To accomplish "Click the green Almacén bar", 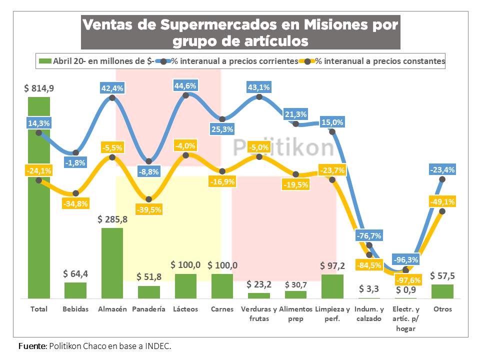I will tap(112, 263).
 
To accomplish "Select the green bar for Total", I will tap(39, 200).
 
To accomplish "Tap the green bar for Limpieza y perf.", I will tap(332, 286).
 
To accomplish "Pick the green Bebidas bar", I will tap(75, 290).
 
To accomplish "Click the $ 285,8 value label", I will tap(112, 219).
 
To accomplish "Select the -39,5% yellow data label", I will tap(148, 209).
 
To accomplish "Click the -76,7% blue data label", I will tap(369, 235).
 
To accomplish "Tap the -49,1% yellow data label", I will tap(442, 201).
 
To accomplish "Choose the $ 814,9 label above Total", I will tap(39, 88).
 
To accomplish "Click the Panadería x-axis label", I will tap(148, 309).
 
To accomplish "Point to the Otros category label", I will tap(442, 309).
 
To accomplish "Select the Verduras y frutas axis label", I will tap(259, 313).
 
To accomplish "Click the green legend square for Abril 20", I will tap(45, 61).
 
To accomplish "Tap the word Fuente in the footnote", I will tap(30, 346).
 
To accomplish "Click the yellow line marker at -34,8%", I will tap(75, 193).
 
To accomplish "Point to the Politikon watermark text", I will tap(284, 147).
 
